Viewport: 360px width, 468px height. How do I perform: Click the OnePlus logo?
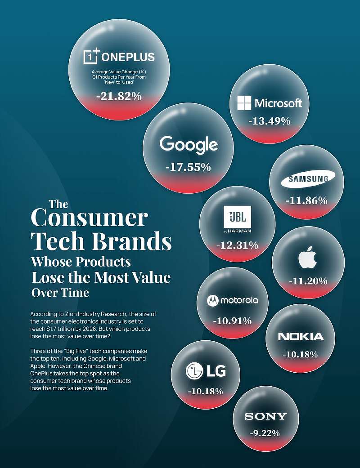tap(119, 57)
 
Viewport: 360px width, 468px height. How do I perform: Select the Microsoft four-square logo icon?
tap(244, 103)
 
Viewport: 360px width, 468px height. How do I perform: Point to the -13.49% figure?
tap(269, 121)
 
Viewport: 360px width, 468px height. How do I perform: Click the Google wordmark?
tap(189, 145)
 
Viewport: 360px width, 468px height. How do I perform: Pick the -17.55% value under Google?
tap(188, 167)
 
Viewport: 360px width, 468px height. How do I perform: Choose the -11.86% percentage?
tap(306, 201)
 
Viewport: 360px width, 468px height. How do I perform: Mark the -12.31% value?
tap(237, 245)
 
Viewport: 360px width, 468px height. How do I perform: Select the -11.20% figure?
tap(308, 281)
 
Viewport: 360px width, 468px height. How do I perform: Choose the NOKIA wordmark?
tap(301, 337)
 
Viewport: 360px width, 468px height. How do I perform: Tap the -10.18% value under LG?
tap(206, 391)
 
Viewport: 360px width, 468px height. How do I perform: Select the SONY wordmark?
tap(265, 416)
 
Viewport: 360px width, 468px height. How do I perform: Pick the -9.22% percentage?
tap(265, 433)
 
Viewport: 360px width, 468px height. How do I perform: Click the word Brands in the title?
tap(132, 241)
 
